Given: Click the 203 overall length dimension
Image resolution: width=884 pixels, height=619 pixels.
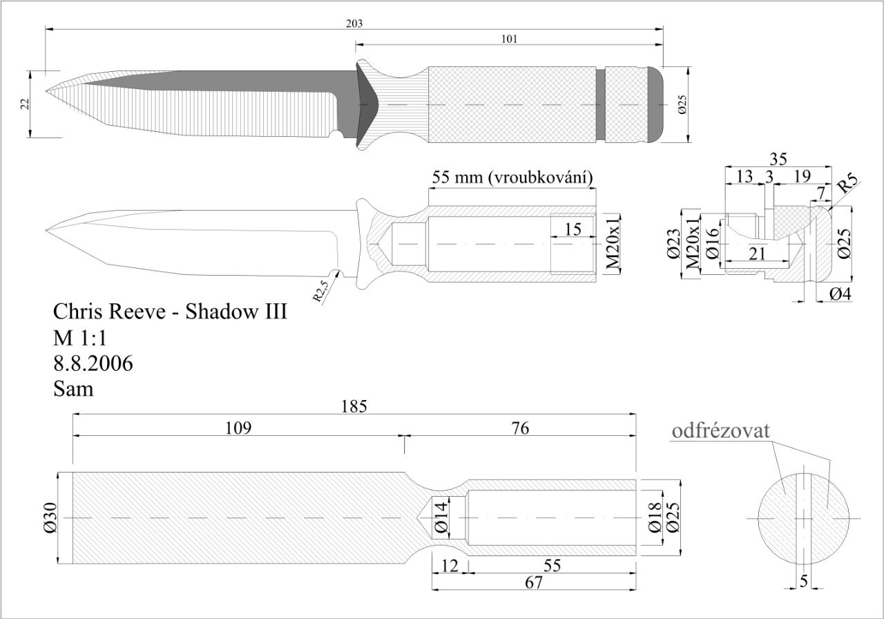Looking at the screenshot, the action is pos(354,23).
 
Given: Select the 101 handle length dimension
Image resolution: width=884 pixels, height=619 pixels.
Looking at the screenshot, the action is pos(509,39).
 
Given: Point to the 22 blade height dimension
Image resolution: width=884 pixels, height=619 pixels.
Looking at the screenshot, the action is pos(25,104).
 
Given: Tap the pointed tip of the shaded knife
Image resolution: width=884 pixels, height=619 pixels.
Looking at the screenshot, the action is pos(46,91).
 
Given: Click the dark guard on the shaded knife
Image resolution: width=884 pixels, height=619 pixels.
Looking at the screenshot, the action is pos(366,105).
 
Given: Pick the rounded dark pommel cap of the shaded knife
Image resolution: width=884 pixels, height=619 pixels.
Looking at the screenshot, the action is pos(655,104).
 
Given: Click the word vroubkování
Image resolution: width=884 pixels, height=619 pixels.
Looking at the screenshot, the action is pos(540,178).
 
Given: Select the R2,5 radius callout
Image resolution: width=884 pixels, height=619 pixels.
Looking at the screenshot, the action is pos(320,291).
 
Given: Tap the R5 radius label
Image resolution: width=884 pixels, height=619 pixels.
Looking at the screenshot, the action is pos(849,184).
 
